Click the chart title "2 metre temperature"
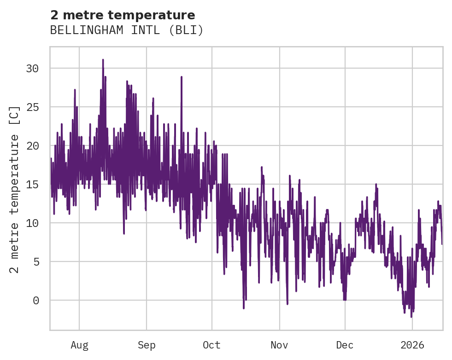(123, 15)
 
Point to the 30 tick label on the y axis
(33, 68)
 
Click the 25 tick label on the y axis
(33, 107)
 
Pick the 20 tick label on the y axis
(33, 145)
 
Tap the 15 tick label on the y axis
(33, 184)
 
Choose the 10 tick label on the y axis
(33, 223)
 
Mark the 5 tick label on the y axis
(36, 261)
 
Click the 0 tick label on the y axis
(36, 300)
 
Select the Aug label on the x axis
(79, 345)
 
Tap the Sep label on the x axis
(147, 345)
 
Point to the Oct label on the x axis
(212, 345)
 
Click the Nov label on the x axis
(279, 345)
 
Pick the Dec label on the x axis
(345, 345)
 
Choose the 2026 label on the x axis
(412, 345)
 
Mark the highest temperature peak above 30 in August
(103, 60)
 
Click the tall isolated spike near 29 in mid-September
(182, 77)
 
